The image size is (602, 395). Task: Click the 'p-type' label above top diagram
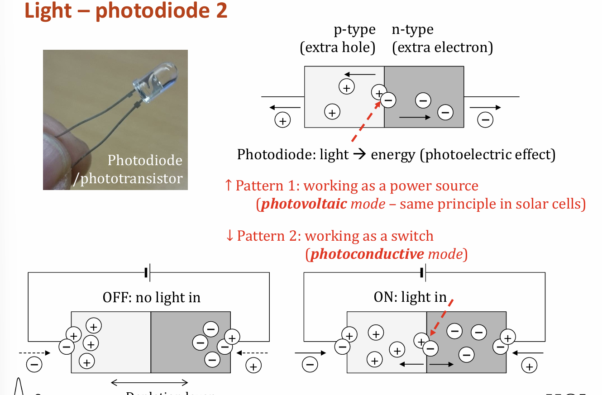coord(354,30)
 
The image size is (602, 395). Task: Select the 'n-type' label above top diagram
coord(412,30)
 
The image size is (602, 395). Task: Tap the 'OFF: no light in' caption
coord(151,297)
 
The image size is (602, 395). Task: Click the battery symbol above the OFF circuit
coord(147,273)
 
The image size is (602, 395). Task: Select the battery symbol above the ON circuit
coord(423,272)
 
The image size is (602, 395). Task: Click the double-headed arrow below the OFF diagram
coord(149,383)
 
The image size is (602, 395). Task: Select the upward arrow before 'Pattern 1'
coord(229,186)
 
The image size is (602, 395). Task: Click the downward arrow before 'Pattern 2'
coord(229,236)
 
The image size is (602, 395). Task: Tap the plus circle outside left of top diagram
coord(282,121)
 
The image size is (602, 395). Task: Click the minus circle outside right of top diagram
coord(485,120)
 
